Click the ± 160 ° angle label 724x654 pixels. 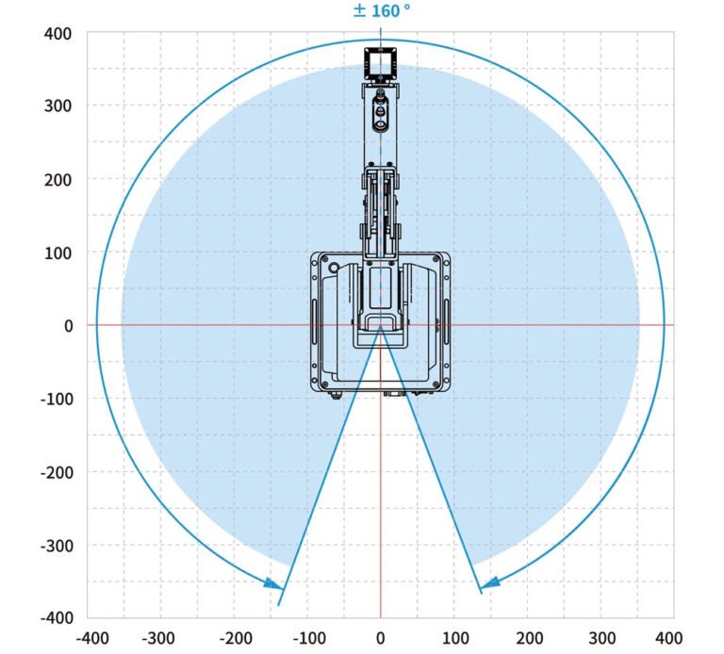click(x=382, y=10)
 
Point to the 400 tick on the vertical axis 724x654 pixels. click(x=58, y=34)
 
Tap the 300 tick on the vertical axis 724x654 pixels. click(x=58, y=106)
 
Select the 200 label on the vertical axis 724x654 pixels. click(x=58, y=180)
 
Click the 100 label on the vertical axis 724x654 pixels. click(x=58, y=253)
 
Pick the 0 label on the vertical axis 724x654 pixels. click(x=68, y=326)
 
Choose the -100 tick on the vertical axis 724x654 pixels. click(x=57, y=400)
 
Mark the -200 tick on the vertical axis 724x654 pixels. click(x=57, y=473)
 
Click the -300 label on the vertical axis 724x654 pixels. click(x=57, y=546)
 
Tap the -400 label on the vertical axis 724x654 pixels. click(x=57, y=617)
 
